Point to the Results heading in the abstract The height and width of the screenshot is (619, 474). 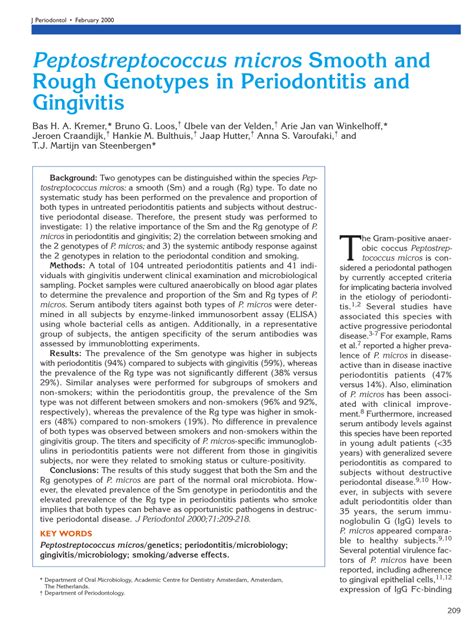click(x=66, y=354)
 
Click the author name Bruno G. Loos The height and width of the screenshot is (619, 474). click(x=147, y=127)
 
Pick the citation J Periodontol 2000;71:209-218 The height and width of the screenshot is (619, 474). click(x=219, y=521)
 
